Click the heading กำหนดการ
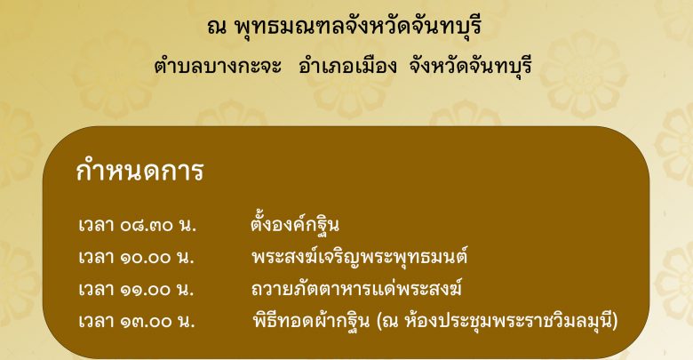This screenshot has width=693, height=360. point(139,171)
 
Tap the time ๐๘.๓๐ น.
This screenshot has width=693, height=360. point(158,225)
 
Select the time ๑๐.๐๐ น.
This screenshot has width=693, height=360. point(157,258)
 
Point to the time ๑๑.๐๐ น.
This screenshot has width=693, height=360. point(157,290)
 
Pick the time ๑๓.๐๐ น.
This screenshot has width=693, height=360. point(157,322)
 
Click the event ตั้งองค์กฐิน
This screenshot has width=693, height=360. point(295,224)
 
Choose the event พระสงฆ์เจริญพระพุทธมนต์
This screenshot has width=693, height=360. point(360,257)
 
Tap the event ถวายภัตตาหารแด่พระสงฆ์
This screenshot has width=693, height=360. point(357,289)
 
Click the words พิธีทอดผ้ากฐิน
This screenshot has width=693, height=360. point(311,320)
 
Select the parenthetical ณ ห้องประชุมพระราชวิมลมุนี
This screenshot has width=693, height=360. point(498,321)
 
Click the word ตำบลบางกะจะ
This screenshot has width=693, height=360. point(218,67)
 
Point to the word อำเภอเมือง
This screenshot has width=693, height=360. point(347,67)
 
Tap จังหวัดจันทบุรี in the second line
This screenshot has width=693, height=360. point(470,67)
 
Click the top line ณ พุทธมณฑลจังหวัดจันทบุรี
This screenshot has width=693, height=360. point(344,26)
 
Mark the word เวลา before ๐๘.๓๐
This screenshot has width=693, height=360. point(96,225)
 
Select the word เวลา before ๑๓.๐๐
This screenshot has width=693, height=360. point(96,322)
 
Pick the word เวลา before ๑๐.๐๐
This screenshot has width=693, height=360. point(96,258)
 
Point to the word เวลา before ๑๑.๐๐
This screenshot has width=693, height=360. point(96,290)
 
